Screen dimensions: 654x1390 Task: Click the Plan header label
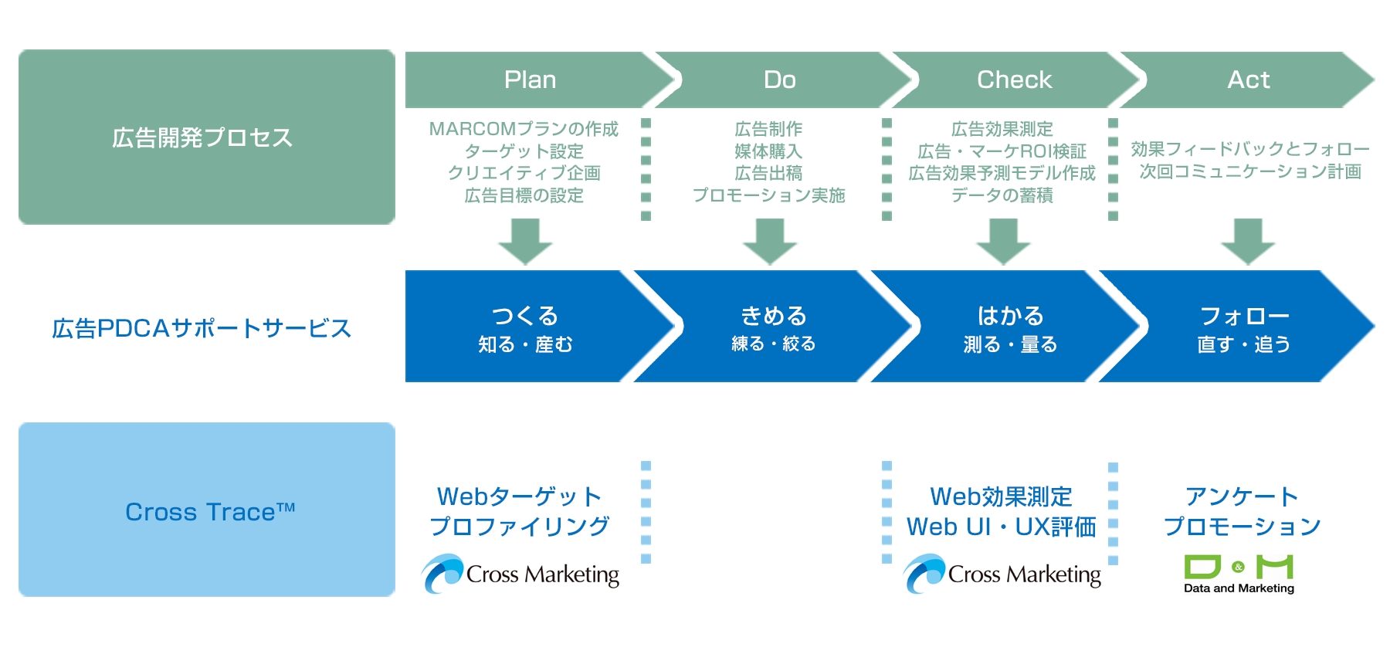pyautogui.click(x=530, y=80)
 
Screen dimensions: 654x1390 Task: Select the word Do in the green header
pyautogui.click(x=779, y=80)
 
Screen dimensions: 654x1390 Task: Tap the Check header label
pyautogui.click(x=1014, y=80)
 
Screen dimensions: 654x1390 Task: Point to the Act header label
pyautogui.click(x=1248, y=80)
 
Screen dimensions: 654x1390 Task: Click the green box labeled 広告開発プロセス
pyautogui.click(x=206, y=137)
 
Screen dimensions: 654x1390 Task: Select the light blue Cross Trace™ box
pyautogui.click(x=206, y=510)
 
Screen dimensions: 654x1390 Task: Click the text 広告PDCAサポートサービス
pyautogui.click(x=202, y=328)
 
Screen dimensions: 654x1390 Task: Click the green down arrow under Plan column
pyautogui.click(x=525, y=242)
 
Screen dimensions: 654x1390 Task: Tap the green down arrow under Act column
pyautogui.click(x=1248, y=242)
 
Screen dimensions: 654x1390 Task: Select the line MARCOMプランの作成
pyautogui.click(x=524, y=129)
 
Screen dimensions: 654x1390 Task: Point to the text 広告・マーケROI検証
pyautogui.click(x=1002, y=151)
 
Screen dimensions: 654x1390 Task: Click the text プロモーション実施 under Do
pyautogui.click(x=768, y=195)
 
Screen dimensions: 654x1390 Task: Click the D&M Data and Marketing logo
pyautogui.click(x=1239, y=574)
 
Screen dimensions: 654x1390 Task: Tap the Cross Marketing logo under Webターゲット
pyautogui.click(x=520, y=574)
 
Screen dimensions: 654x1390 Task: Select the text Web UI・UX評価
pyautogui.click(x=1001, y=527)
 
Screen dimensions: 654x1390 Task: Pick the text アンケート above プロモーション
pyautogui.click(x=1242, y=496)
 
